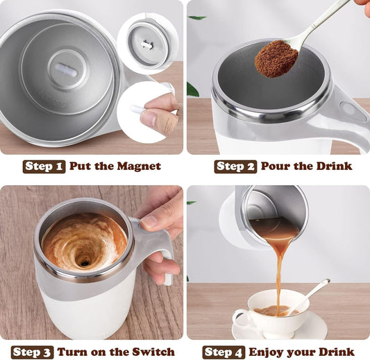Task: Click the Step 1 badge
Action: [x=44, y=166]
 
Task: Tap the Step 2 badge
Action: [x=235, y=166]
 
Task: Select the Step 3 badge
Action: [x=32, y=352]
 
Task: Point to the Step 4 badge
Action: [x=223, y=352]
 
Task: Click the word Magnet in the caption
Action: [x=138, y=166]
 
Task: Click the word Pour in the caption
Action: [x=275, y=166]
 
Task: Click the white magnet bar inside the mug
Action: [x=67, y=69]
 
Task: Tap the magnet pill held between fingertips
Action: [x=138, y=109]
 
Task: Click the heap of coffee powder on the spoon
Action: [x=276, y=60]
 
